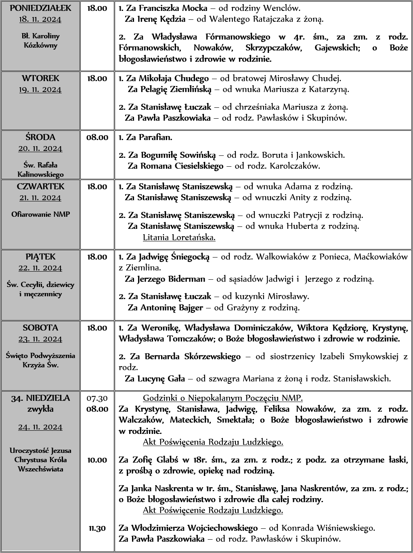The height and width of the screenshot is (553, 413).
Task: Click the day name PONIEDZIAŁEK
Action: [x=40, y=8]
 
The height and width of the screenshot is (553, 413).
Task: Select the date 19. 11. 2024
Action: [x=40, y=89]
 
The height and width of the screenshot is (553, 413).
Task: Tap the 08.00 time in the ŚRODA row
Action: [x=97, y=137]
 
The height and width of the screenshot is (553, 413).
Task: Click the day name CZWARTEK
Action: [x=40, y=186]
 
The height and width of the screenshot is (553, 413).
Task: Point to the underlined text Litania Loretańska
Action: [x=179, y=237]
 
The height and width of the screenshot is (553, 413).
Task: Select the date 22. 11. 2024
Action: [x=40, y=268]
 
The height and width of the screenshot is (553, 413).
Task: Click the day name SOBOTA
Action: [x=40, y=328]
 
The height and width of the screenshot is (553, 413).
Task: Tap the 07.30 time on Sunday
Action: [x=97, y=398]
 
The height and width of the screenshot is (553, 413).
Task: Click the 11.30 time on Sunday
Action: [x=97, y=528]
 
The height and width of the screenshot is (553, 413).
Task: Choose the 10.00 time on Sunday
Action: [x=97, y=460]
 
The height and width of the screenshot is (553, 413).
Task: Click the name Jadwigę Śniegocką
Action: [x=174, y=257]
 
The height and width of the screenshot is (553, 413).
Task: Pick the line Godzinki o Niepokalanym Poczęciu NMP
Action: [x=223, y=398]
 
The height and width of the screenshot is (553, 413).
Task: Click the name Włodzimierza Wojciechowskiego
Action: [x=194, y=528]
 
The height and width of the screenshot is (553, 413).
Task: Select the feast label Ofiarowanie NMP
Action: [x=40, y=214]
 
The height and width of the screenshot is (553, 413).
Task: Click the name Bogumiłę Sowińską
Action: [x=178, y=155]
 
